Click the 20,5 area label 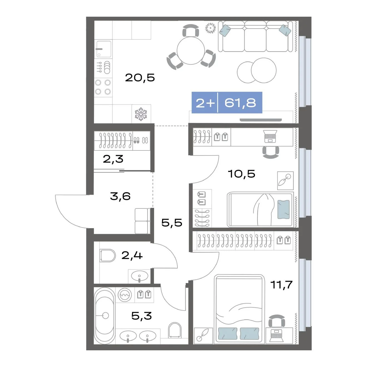[140, 78]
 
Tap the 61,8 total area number [240, 103]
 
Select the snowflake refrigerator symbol [141, 114]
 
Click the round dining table [191, 51]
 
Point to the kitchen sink [104, 49]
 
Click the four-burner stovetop [103, 87]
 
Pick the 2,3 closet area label [113, 159]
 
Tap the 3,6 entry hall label [120, 196]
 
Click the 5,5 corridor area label [172, 222]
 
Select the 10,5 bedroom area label [241, 174]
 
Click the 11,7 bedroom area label [281, 285]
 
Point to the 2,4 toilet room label [132, 255]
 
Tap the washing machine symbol [125, 295]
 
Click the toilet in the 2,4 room [107, 256]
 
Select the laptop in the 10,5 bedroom [270, 136]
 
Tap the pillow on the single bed [283, 209]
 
